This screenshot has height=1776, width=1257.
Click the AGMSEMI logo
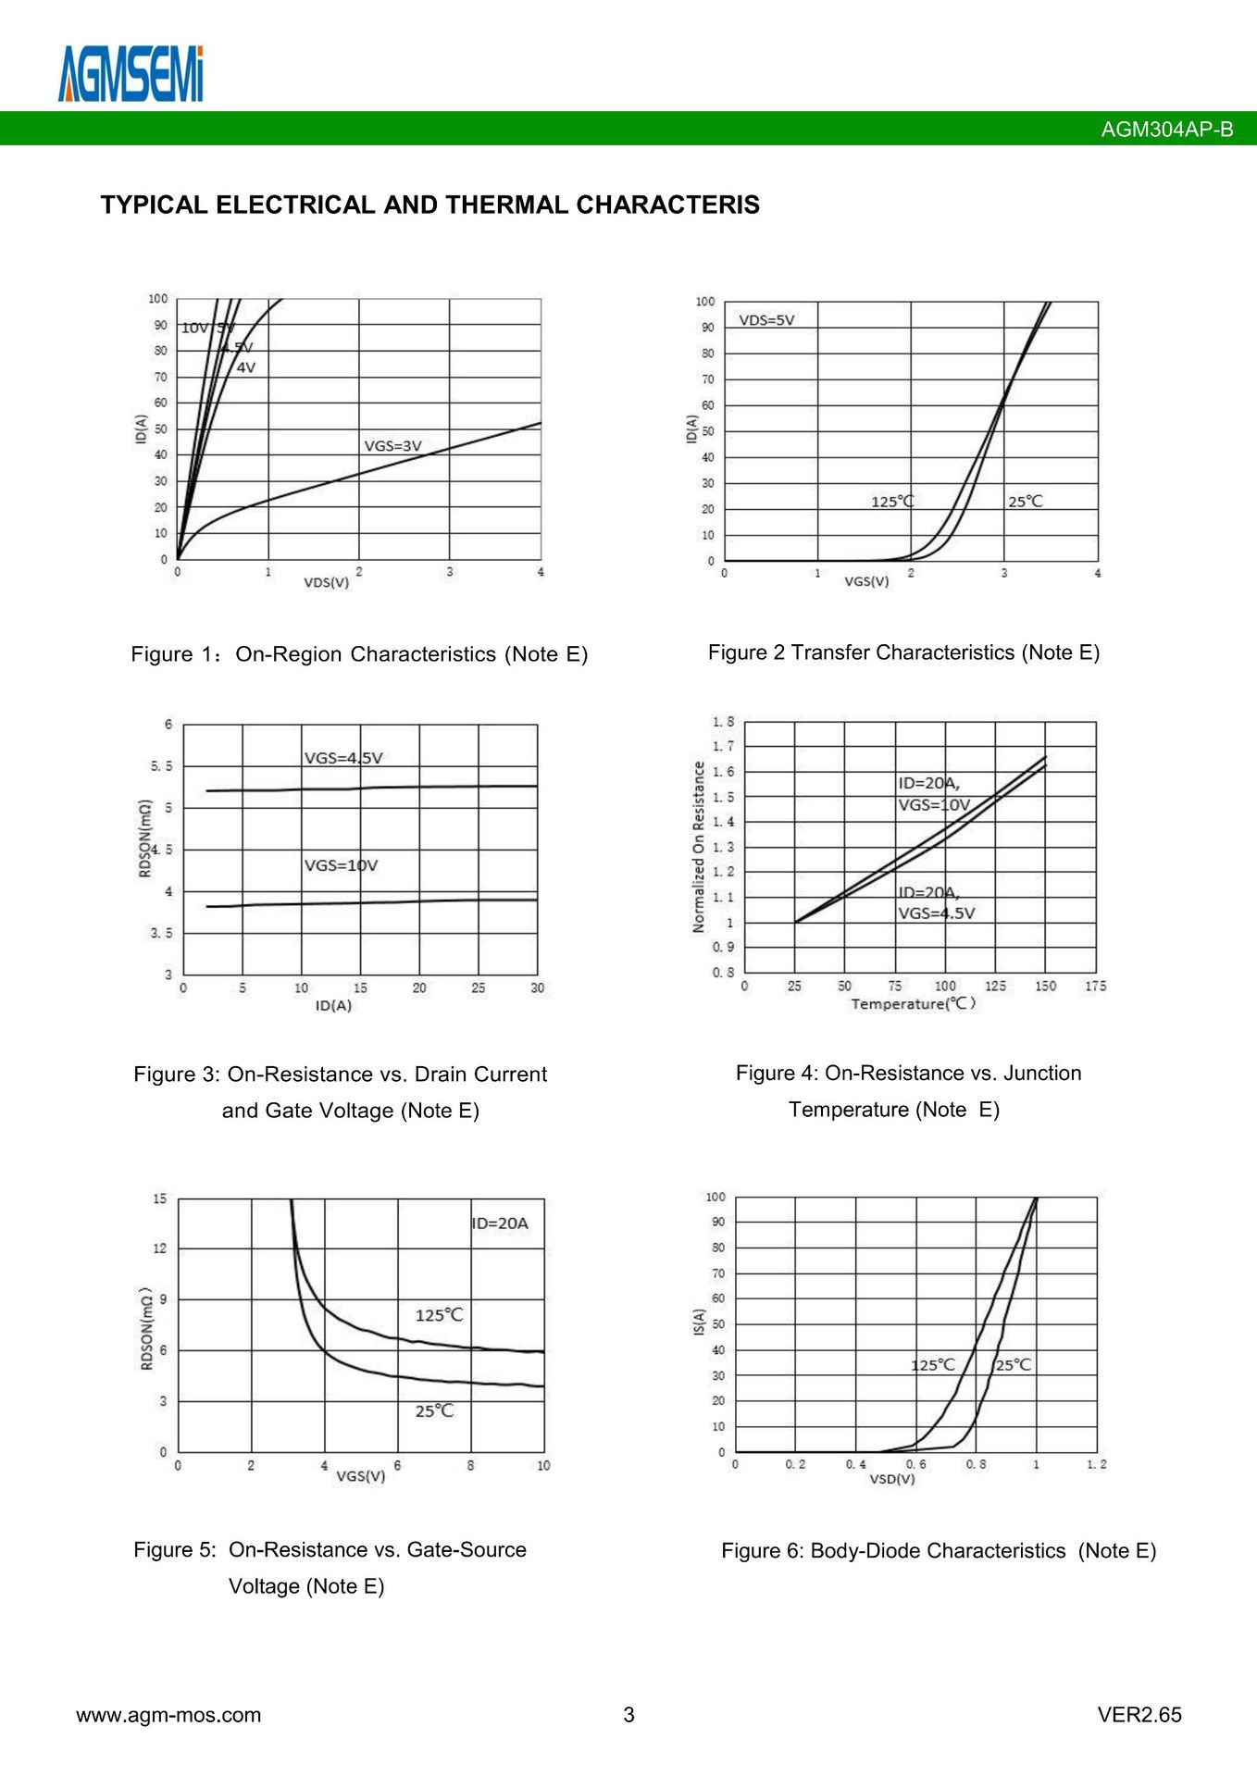click(131, 74)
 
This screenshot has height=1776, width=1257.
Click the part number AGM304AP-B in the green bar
click(1166, 130)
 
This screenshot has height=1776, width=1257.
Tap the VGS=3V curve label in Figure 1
click(392, 446)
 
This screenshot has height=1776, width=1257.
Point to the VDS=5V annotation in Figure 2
click(766, 320)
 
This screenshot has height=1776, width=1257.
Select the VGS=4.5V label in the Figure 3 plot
click(343, 758)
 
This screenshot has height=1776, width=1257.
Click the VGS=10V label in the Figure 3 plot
click(341, 865)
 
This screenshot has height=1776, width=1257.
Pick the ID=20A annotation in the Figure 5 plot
click(500, 1223)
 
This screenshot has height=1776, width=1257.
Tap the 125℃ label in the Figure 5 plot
click(439, 1315)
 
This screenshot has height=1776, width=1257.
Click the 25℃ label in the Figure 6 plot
click(1014, 1365)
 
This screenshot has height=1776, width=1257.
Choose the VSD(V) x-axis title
click(891, 1479)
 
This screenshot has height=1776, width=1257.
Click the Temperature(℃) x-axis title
click(913, 1003)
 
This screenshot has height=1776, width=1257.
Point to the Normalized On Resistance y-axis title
click(699, 847)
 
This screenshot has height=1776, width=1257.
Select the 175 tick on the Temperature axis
click(1095, 986)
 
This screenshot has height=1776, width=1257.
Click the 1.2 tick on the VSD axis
click(1096, 1464)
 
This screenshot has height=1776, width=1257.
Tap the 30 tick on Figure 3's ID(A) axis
click(537, 988)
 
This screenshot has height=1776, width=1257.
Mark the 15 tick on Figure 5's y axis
click(160, 1198)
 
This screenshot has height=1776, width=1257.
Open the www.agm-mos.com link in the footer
click(168, 1715)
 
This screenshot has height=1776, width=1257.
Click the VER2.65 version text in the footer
click(1139, 1715)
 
